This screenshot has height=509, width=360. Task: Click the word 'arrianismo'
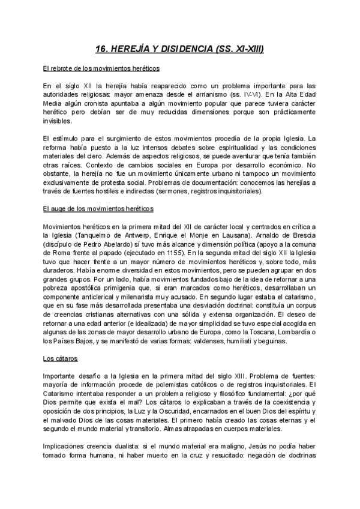tap(209, 95)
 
